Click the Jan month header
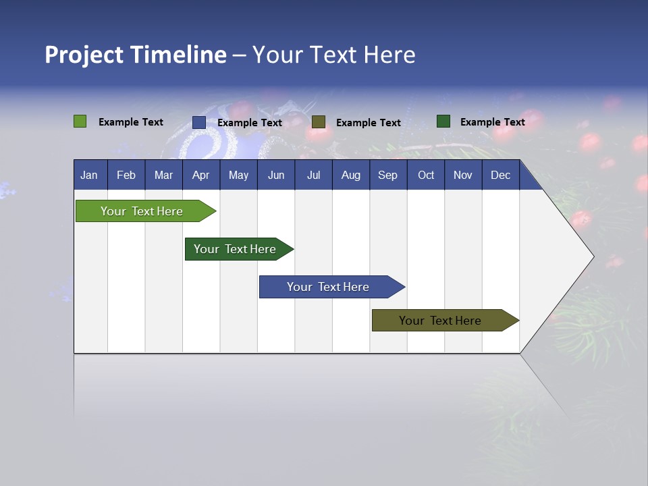coord(90,175)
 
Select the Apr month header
coord(201,175)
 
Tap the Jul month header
coord(314,175)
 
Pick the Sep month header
coord(388,175)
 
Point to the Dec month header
coord(501,175)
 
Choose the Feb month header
coord(126,175)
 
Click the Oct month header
coord(426,175)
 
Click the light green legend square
coord(80,122)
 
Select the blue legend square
coord(199,122)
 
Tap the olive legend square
coord(319,122)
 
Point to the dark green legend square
coord(443,122)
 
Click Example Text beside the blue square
coord(250,123)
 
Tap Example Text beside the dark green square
coord(493,122)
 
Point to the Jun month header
coord(276,175)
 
